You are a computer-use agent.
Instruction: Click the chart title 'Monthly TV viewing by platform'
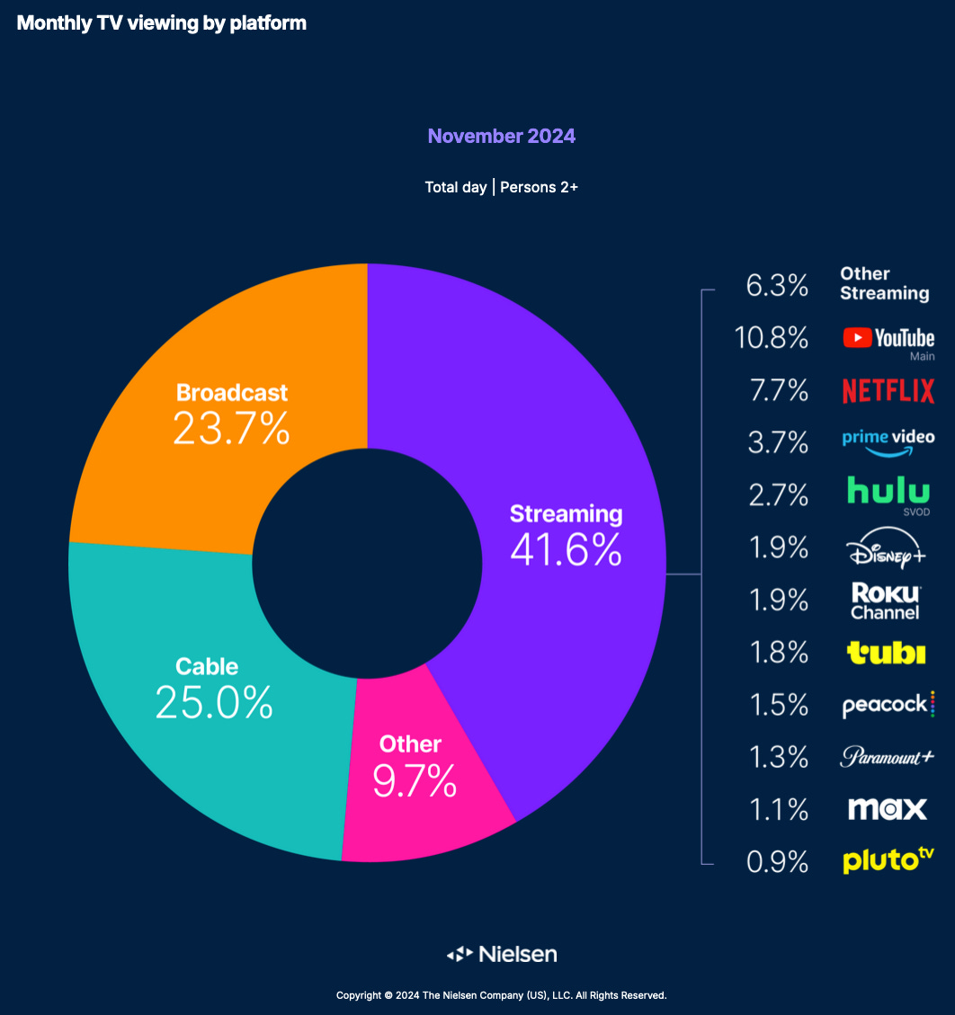(162, 23)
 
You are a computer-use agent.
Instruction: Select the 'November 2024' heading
(501, 137)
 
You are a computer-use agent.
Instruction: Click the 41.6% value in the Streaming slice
(566, 549)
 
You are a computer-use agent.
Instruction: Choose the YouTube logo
(888, 339)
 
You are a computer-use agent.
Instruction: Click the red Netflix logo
(888, 391)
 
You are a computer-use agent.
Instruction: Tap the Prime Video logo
(888, 441)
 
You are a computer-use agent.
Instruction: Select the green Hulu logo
(888, 492)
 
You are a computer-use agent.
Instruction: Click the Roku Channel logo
(886, 601)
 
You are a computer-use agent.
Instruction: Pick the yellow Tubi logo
(886, 653)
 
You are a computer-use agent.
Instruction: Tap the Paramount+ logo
(887, 757)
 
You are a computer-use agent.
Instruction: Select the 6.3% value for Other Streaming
(777, 286)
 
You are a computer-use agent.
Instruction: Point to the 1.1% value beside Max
(778, 810)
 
